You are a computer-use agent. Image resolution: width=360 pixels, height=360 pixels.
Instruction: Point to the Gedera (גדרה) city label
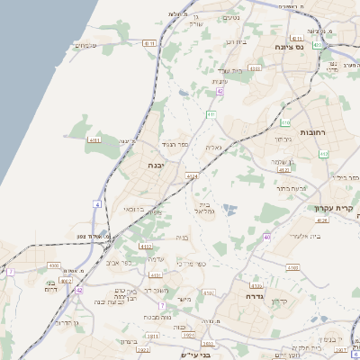coord(245,296)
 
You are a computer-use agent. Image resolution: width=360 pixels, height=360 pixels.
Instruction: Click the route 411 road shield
coord(211,115)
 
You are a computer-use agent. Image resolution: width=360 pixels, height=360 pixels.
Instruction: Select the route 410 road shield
coord(285,121)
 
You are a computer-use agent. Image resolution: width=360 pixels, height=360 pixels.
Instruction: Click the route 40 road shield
coord(267,237)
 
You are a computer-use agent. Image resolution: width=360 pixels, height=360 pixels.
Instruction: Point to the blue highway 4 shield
coord(97,204)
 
